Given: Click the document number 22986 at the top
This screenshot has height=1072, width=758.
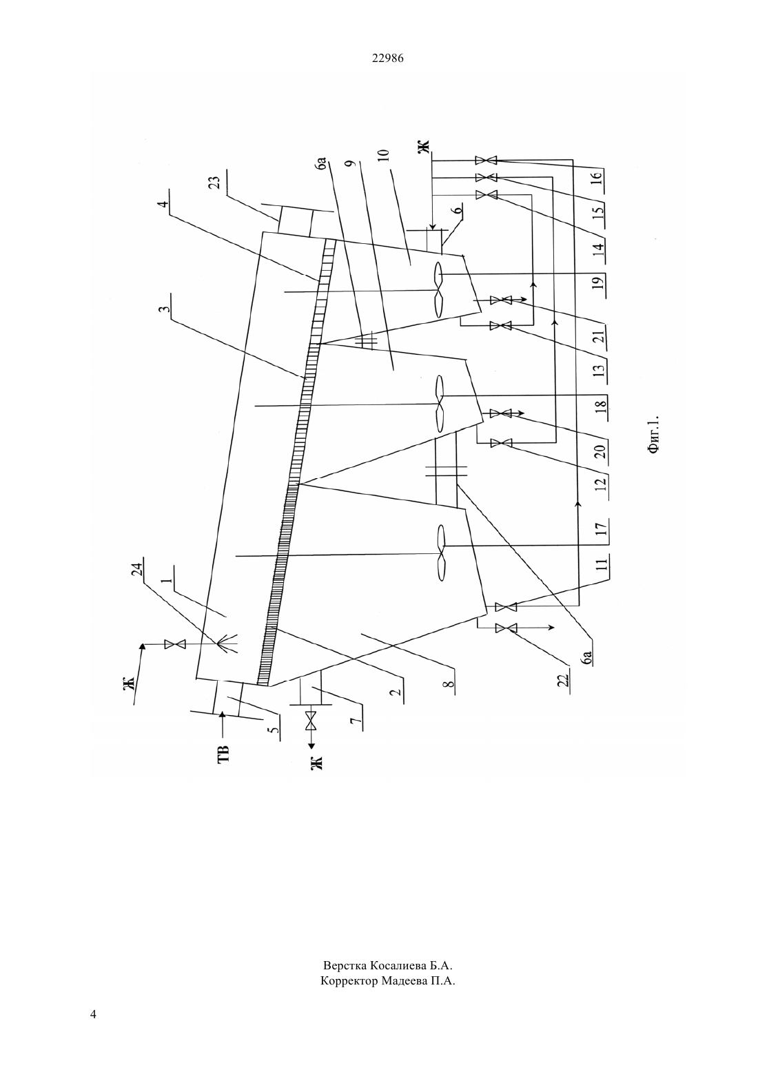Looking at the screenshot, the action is click(387, 58).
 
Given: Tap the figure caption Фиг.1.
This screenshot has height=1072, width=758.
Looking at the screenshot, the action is click(654, 433).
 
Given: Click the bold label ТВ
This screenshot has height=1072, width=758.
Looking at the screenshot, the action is click(224, 753).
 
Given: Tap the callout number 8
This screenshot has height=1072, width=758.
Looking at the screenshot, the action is click(449, 686).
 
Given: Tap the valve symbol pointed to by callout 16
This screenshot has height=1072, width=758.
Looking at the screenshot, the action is click(486, 160).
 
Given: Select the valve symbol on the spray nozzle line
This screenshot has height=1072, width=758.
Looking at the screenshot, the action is click(174, 645).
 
